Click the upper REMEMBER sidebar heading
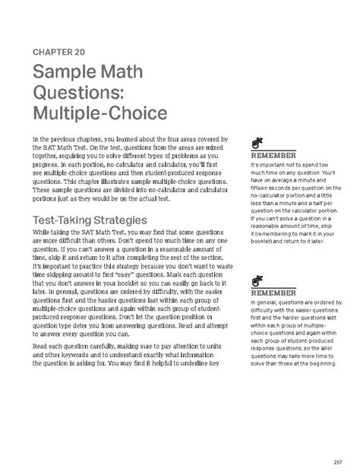pos(273,157)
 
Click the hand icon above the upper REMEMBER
pos(256,143)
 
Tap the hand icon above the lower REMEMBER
pos(256,280)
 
